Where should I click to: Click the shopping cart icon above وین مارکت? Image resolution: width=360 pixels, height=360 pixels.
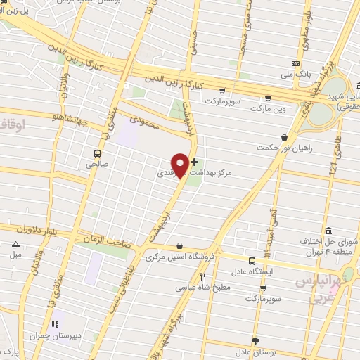point(266,98)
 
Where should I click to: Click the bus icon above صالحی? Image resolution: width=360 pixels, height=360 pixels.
point(96,153)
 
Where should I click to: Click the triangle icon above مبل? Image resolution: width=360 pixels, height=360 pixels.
point(15,245)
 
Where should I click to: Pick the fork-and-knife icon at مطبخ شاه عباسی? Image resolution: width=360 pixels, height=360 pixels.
point(202,276)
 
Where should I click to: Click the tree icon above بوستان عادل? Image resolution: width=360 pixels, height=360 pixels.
point(255,340)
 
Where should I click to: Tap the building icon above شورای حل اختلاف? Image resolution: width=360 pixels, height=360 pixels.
point(328,231)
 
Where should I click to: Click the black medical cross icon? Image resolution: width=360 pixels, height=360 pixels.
point(194,162)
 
